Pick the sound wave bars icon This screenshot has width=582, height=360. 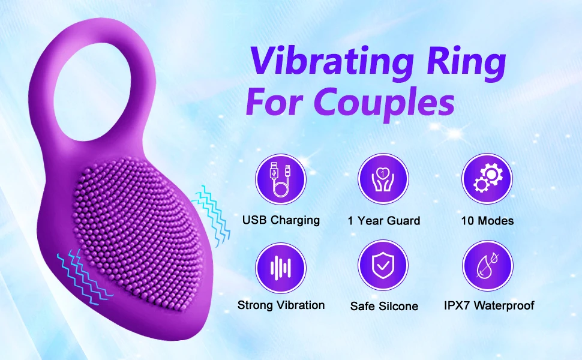[280, 268]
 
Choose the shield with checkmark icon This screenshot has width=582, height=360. [383, 268]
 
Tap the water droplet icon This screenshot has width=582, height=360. [487, 268]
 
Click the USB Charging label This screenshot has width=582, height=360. [280, 220]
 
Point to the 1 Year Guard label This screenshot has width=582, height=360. [384, 221]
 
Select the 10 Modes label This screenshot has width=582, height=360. [487, 221]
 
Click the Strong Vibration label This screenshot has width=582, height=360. [281, 305]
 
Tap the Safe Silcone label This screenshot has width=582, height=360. [384, 306]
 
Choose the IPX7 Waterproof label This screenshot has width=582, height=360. [489, 305]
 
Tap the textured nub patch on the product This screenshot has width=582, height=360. [141, 234]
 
